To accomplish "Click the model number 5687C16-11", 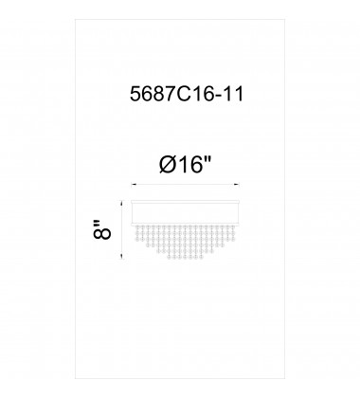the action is point(187,94).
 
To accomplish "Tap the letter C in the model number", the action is point(183,94).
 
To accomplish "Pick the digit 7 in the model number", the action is point(169,94).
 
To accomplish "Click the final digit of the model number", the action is point(239,94).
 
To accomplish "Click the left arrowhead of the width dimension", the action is point(134,185).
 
